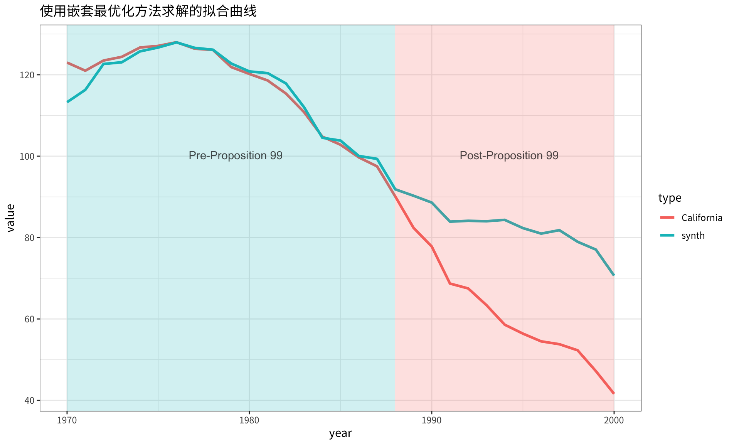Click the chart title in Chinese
(148, 12)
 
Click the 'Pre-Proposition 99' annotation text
(236, 155)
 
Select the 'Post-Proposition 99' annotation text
(509, 155)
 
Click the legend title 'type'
(670, 198)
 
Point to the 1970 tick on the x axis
(67, 420)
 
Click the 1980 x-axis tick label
(249, 420)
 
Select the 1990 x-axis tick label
(431, 420)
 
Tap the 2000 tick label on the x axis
(614, 420)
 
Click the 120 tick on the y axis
(30, 75)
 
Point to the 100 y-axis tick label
(30, 156)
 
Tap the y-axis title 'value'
(11, 218)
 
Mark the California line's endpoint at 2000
(614, 393)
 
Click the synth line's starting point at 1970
(67, 102)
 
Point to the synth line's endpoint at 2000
(614, 275)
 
